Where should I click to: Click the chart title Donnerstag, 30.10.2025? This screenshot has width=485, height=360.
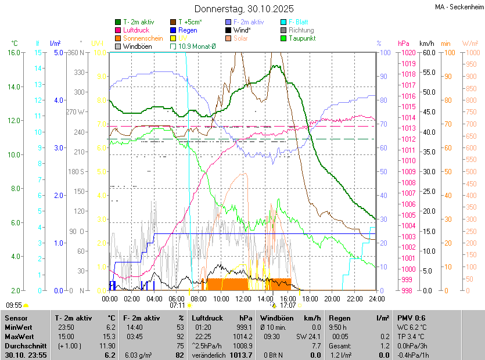point(243,9)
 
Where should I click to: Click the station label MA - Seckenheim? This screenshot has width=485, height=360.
point(459,6)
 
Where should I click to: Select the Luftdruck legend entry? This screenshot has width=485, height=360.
point(136,30)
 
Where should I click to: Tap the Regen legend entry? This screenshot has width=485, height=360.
point(187,30)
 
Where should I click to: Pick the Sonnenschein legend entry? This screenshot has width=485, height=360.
point(142,38)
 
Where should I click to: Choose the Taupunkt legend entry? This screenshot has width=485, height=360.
point(301,38)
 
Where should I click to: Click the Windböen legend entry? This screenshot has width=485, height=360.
point(137,46)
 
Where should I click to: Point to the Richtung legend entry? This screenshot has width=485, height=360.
point(300,30)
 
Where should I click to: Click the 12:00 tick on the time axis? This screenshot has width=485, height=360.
point(243,298)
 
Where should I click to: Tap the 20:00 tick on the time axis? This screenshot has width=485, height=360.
point(332,298)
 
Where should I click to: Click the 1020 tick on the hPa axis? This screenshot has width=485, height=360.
point(406,52)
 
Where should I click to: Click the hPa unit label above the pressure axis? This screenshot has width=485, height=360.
point(404,43)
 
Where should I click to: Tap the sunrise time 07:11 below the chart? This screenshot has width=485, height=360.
point(177,305)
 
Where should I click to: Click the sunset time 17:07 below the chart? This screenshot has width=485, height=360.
point(288,305)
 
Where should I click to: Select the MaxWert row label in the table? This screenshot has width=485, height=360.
point(21,336)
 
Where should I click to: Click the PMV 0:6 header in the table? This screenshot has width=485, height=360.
point(411,318)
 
